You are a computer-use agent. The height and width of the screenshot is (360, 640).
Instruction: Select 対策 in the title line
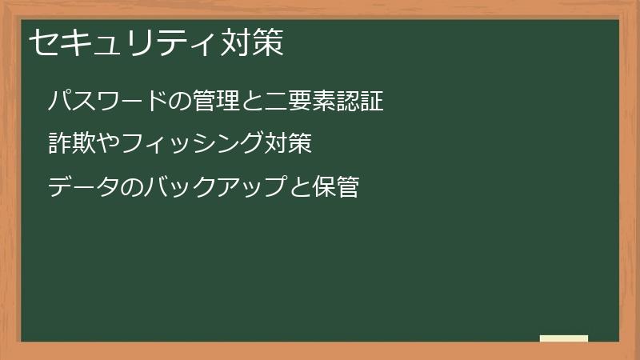(251, 43)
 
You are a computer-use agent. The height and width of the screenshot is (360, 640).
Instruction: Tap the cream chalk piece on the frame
(564, 338)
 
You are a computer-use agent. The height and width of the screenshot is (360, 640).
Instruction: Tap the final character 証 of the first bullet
(372, 102)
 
